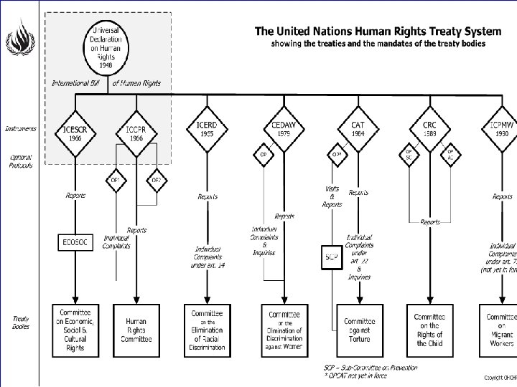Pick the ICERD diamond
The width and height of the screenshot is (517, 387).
[207, 129]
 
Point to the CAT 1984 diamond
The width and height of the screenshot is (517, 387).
[358, 129]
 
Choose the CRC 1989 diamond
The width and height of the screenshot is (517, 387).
[429, 129]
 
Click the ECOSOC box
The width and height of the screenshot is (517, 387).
[75, 242]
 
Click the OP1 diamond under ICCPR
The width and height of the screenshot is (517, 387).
[116, 180]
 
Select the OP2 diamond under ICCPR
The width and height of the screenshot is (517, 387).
[155, 180]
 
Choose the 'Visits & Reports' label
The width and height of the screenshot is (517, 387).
[332, 196]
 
